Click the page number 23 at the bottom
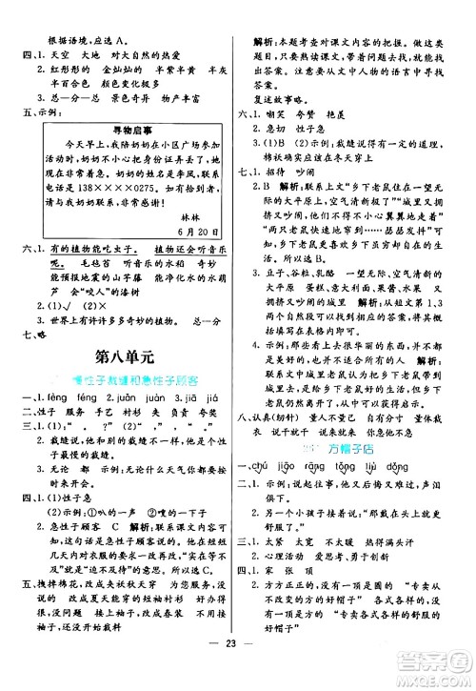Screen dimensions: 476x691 click(239, 670)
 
